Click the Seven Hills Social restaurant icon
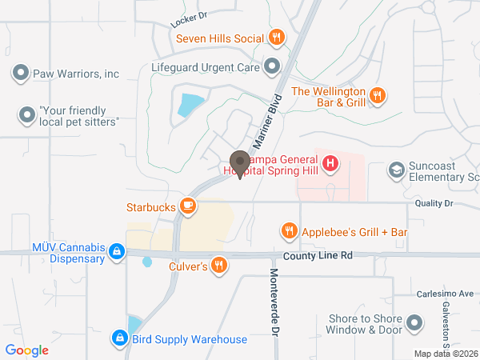276,37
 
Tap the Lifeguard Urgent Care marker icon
272,67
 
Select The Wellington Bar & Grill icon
379,96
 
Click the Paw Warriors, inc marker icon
21,74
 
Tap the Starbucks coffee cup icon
188,207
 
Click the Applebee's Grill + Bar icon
289,232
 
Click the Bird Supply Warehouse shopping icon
120,339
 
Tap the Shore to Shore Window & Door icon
414,323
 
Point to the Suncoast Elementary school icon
396,170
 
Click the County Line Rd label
318,256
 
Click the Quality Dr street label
434,204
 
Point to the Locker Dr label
189,15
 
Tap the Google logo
26,350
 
